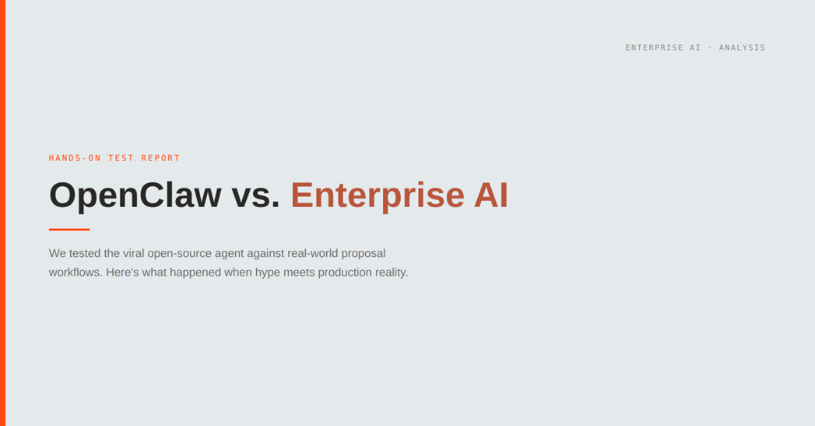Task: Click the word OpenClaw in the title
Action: click(135, 195)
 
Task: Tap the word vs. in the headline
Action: click(255, 195)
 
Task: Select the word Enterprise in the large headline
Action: click(377, 195)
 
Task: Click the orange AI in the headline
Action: click(490, 195)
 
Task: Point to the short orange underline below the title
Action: click(69, 229)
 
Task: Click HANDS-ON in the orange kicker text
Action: click(75, 158)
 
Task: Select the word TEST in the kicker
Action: click(121, 158)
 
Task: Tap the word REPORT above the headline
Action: click(160, 158)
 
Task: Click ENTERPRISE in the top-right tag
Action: click(655, 48)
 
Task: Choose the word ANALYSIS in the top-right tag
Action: click(742, 48)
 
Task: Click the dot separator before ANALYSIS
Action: click(710, 48)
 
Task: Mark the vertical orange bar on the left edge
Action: click(2, 213)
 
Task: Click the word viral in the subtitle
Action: click(134, 253)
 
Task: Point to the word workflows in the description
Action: click(74, 273)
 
